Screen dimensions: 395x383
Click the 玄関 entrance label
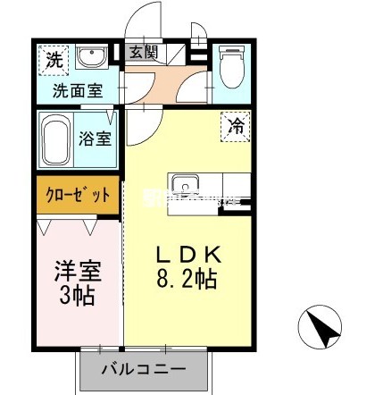point(142,53)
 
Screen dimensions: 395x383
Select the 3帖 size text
point(78,295)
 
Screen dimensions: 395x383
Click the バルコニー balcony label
point(143,368)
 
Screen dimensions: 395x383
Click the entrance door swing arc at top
point(138,22)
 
